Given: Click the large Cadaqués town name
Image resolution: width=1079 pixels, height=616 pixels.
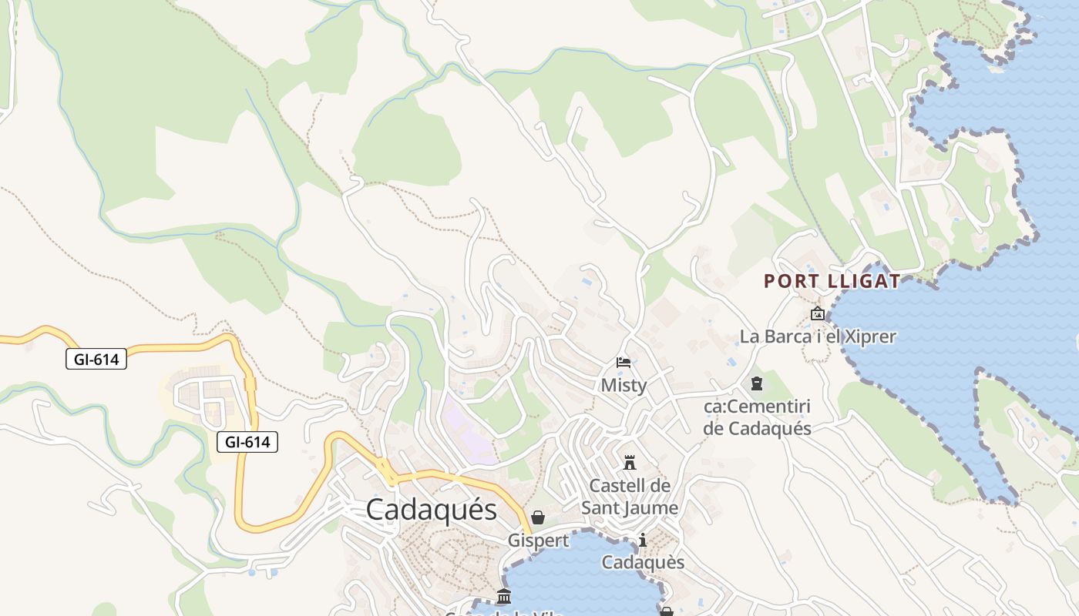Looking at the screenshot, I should pyautogui.click(x=432, y=510).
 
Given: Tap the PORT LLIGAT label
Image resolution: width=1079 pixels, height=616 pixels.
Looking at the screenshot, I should pyautogui.click(x=832, y=281).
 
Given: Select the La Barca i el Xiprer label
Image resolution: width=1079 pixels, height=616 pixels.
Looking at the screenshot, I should pyautogui.click(x=818, y=336).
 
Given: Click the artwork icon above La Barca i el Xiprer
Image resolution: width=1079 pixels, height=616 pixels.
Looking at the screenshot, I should pyautogui.click(x=817, y=313).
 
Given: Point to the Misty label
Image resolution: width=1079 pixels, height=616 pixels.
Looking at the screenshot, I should pyautogui.click(x=624, y=385).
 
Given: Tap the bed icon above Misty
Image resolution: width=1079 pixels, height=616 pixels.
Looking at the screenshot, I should pyautogui.click(x=624, y=362).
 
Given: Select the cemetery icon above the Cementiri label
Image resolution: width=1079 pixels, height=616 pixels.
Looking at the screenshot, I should pyautogui.click(x=757, y=383).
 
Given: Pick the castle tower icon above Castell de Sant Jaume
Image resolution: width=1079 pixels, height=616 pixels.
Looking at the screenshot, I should pyautogui.click(x=630, y=463).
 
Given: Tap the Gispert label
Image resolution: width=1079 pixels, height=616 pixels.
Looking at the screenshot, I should pyautogui.click(x=538, y=541).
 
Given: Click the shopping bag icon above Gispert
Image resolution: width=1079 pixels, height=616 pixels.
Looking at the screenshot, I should pyautogui.click(x=538, y=517).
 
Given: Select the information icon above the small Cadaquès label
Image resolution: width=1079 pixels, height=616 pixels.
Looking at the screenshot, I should pyautogui.click(x=643, y=541).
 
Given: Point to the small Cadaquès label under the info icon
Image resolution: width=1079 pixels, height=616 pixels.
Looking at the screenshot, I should pyautogui.click(x=643, y=562).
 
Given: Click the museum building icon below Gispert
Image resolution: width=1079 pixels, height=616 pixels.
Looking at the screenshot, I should pyautogui.click(x=504, y=596).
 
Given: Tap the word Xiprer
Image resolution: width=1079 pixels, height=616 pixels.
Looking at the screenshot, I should pyautogui.click(x=868, y=336).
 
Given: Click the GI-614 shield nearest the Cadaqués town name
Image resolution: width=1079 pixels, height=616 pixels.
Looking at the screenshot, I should pyautogui.click(x=247, y=442).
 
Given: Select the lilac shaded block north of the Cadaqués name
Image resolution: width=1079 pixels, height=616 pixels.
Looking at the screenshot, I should pyautogui.click(x=466, y=431).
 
